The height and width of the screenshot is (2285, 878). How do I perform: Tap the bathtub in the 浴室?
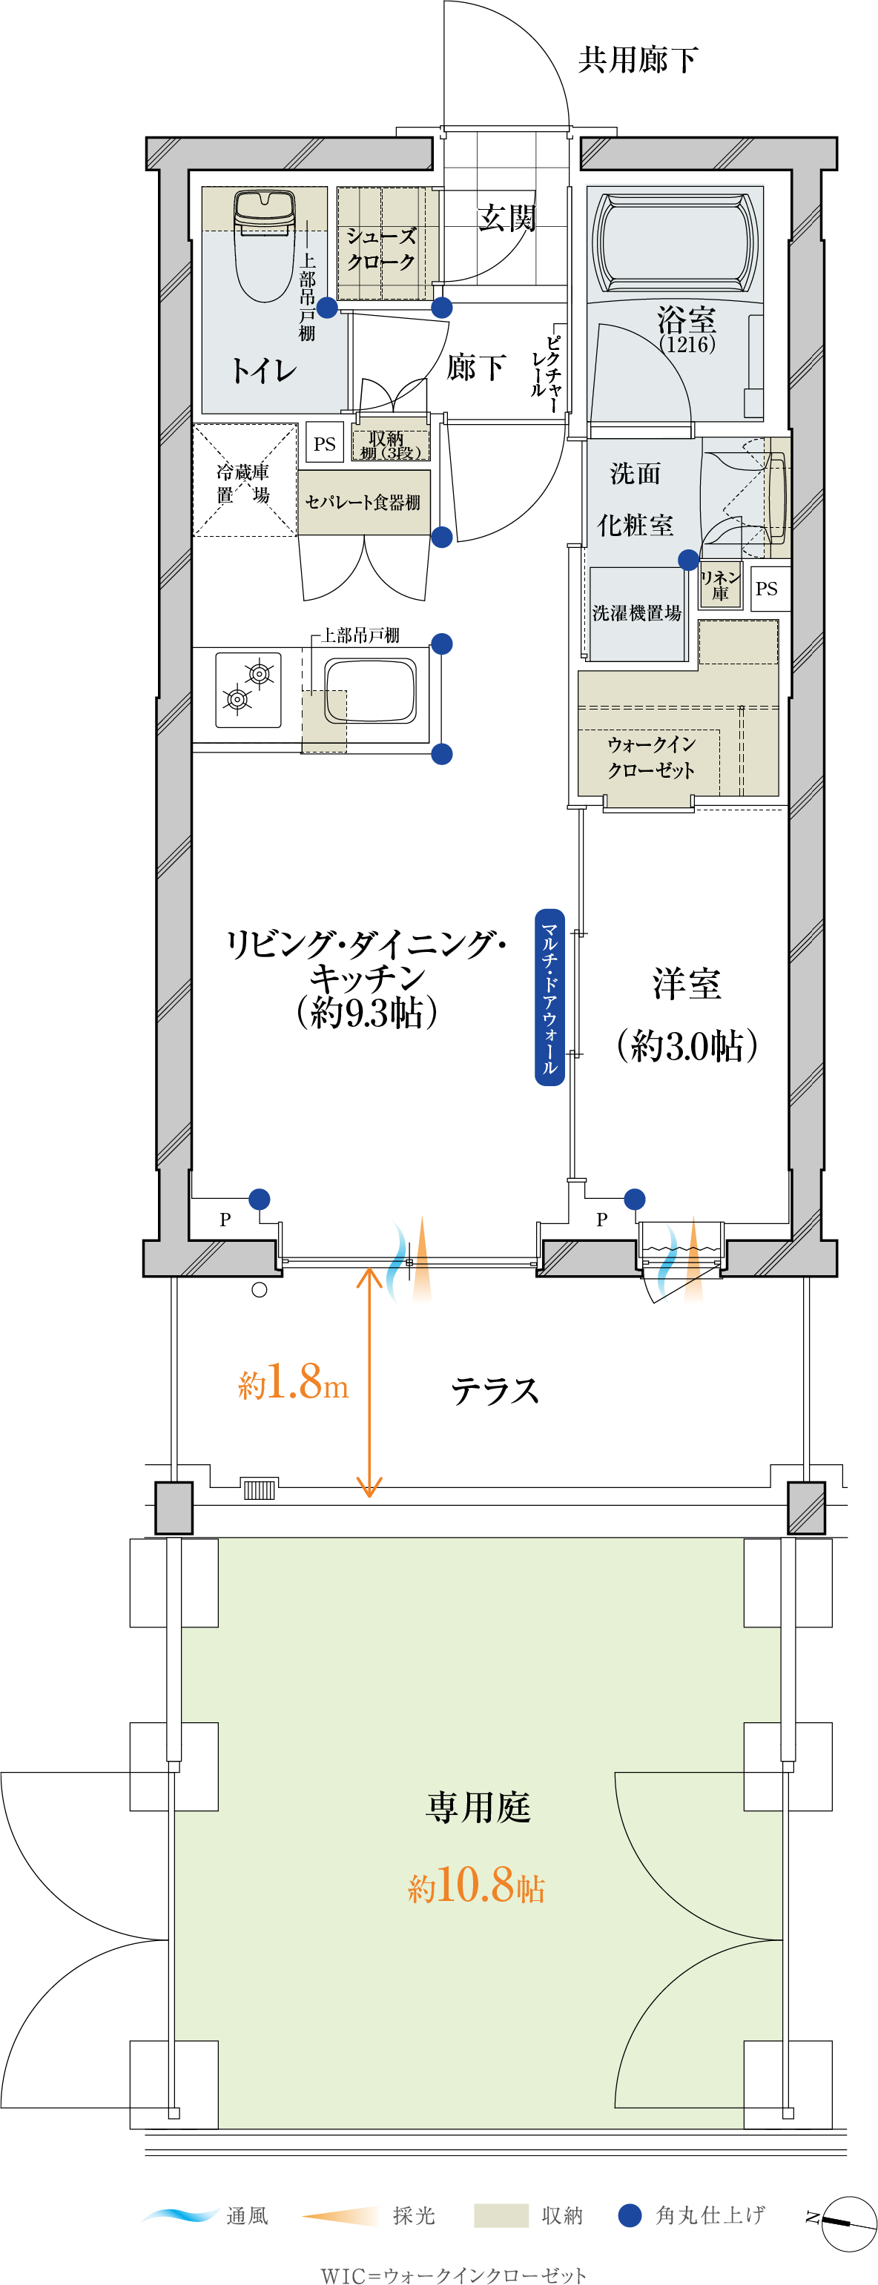click(675, 242)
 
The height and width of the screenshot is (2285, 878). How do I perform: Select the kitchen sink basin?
click(370, 690)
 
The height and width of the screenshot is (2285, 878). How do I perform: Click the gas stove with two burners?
click(248, 690)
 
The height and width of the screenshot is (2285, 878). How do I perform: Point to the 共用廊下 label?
click(638, 59)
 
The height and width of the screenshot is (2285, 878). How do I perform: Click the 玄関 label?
click(506, 217)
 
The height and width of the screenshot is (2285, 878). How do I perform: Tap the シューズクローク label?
click(381, 249)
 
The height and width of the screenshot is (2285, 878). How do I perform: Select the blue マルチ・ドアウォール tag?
click(549, 997)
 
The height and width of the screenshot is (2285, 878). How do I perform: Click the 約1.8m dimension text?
click(293, 1383)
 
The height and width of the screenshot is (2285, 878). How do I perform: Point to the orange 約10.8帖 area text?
click(476, 1884)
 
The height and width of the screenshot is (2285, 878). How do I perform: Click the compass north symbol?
click(842, 2222)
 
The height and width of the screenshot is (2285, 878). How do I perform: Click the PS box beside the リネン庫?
click(766, 588)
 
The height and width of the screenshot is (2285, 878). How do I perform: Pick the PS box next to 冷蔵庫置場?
click(324, 443)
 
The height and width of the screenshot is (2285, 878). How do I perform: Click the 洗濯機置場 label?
click(637, 613)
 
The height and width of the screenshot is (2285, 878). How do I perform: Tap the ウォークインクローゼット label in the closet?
click(651, 757)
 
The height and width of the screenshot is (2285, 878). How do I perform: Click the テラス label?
click(495, 1390)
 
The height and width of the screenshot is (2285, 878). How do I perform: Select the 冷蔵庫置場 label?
click(243, 483)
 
